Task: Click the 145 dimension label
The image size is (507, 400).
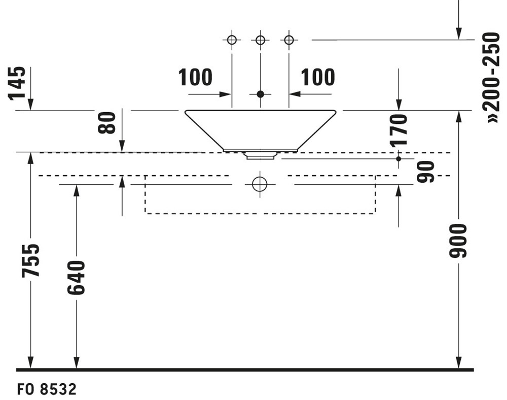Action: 17,83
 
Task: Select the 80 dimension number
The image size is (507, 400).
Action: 106,123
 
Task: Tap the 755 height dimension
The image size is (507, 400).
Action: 31,260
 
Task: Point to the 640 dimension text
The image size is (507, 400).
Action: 77,278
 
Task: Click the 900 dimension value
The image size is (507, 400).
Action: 458,241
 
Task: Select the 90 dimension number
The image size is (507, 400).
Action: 425,172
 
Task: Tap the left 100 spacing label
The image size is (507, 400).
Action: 195,77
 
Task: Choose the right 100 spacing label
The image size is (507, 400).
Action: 318,77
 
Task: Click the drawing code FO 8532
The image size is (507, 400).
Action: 47,389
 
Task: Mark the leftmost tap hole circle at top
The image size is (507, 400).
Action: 232,40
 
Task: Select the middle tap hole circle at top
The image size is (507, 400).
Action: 260,40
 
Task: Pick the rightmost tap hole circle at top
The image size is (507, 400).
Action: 289,40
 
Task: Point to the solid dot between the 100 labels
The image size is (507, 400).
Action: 260,94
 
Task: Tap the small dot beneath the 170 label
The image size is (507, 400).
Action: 399,158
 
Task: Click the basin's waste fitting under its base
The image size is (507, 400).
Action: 260,156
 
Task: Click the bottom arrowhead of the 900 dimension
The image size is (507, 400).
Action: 458,362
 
